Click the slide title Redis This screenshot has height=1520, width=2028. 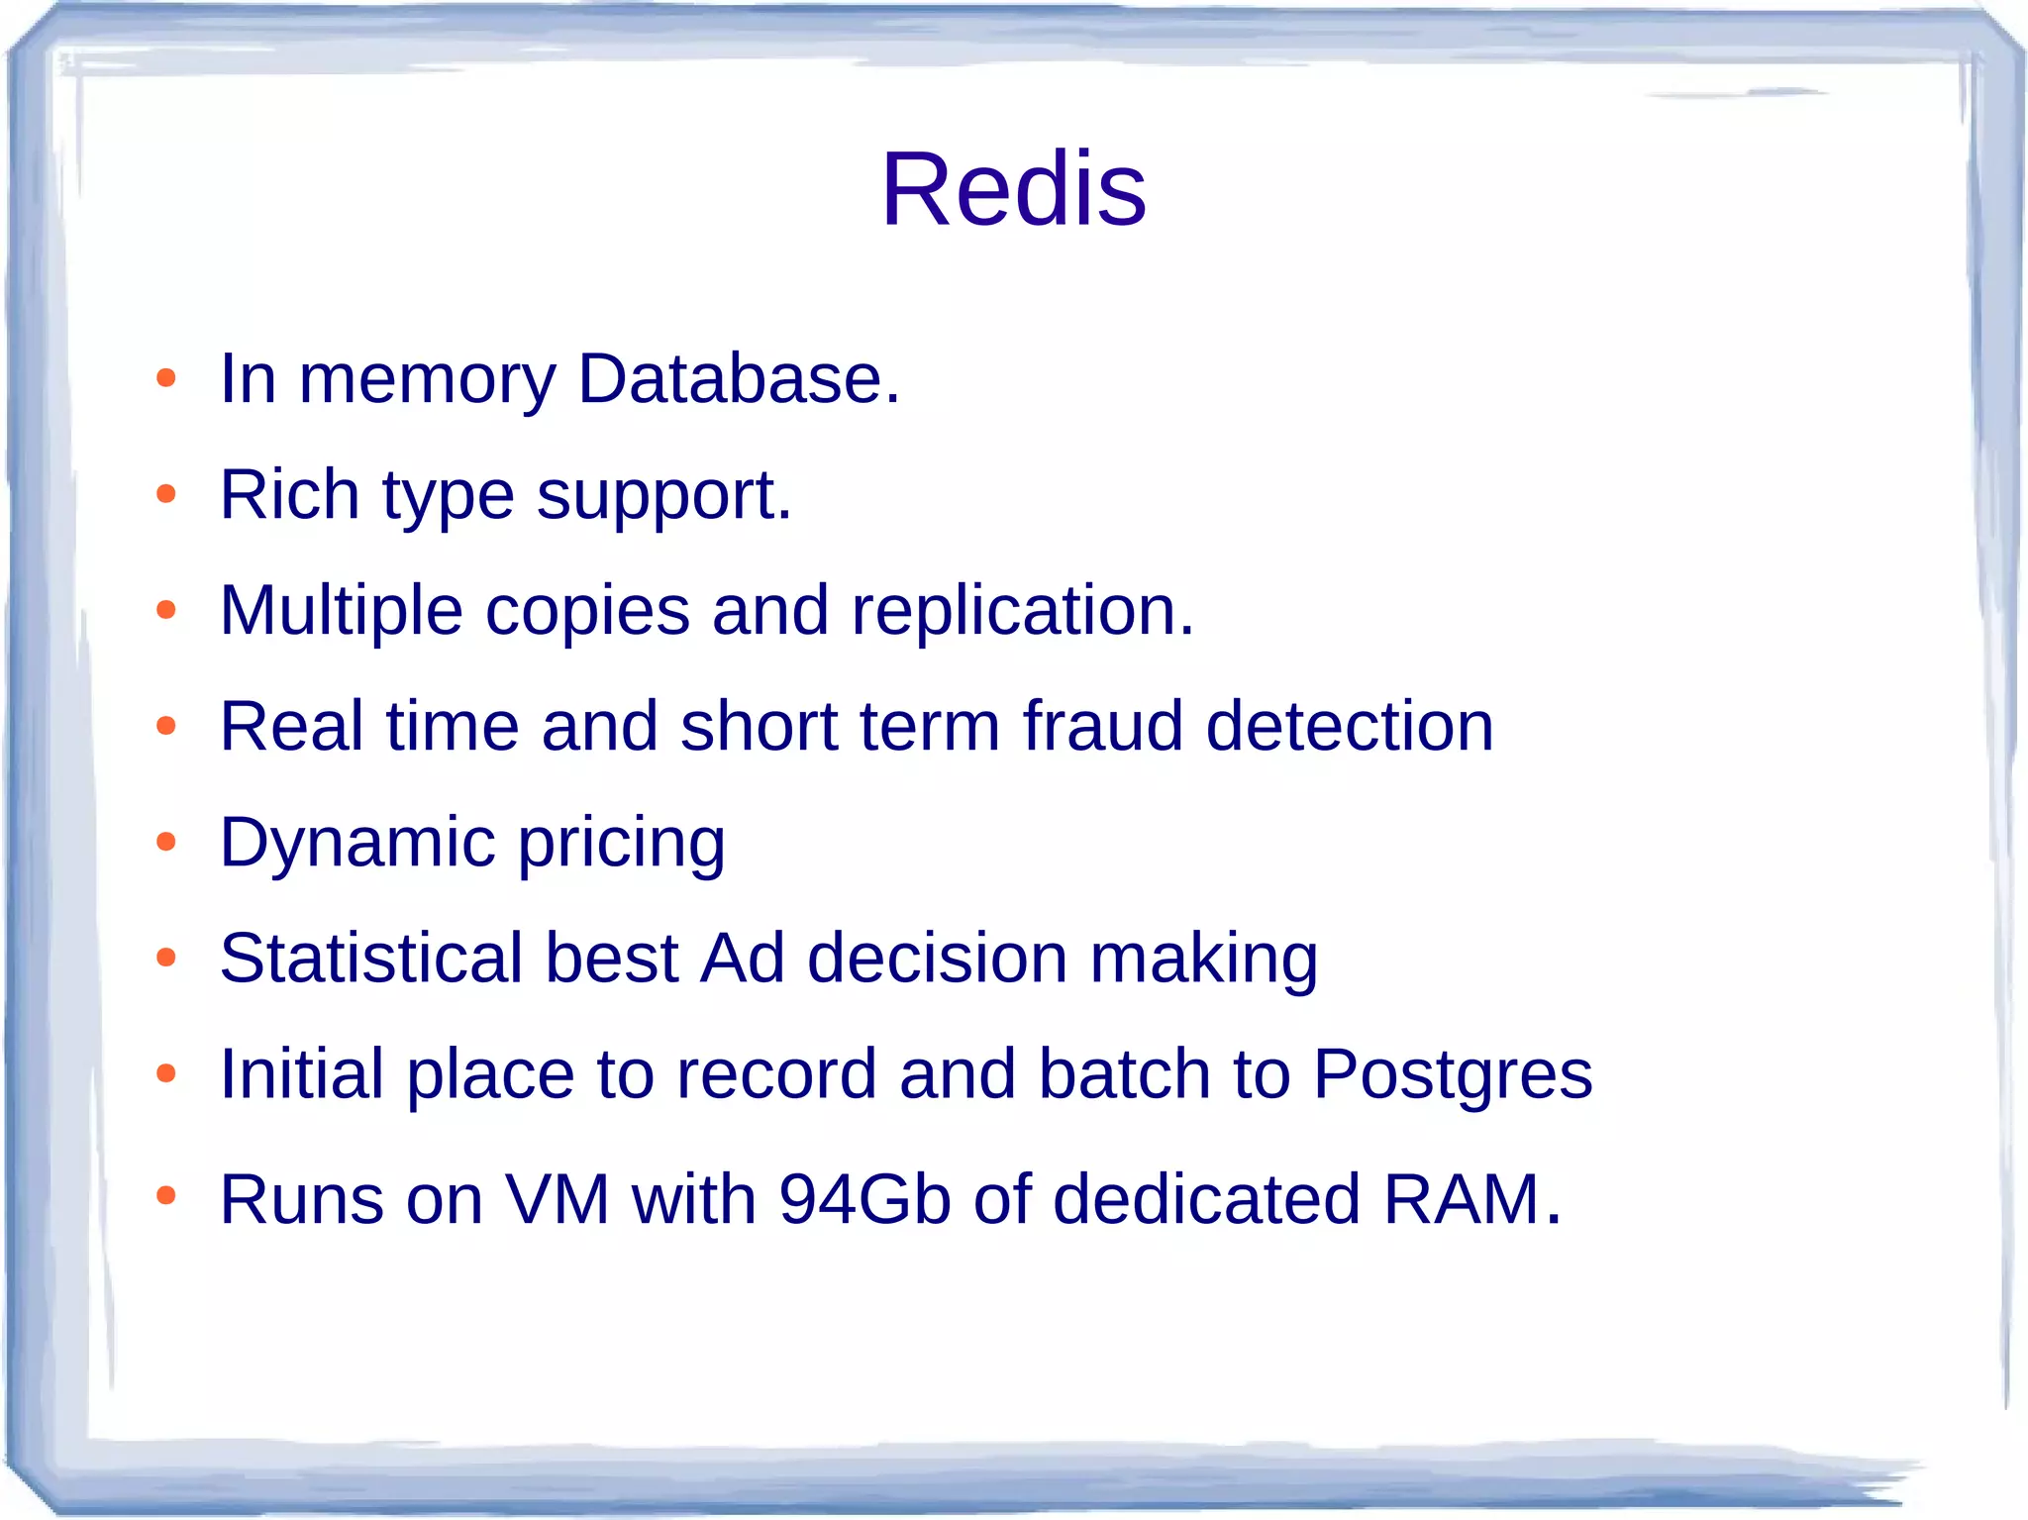pyautogui.click(x=1013, y=189)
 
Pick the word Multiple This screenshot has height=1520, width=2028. pyautogui.click(x=342, y=611)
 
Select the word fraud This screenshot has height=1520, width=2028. pyautogui.click(x=1102, y=726)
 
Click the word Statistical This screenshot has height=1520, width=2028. pyautogui.click(x=371, y=959)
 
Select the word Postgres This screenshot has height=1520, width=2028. pyautogui.click(x=1453, y=1075)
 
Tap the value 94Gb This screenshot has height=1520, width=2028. pyautogui.click(x=864, y=1199)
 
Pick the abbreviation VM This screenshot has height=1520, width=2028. pyautogui.click(x=557, y=1199)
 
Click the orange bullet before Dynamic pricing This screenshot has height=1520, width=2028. pyautogui.click(x=166, y=842)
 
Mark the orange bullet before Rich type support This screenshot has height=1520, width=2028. pyautogui.click(x=166, y=493)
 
